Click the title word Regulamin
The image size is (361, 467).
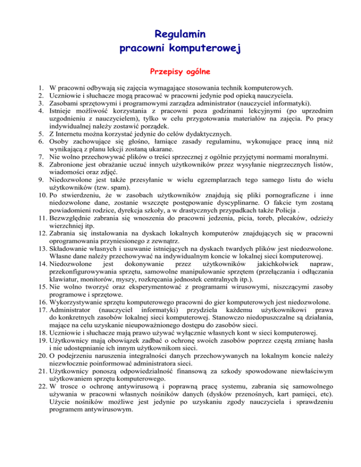(x=180, y=34)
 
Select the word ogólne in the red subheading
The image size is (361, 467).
(x=196, y=72)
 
